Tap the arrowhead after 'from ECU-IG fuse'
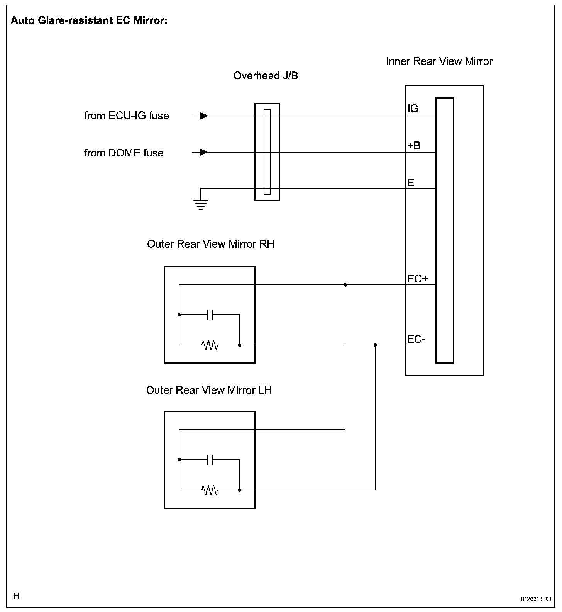tap(204, 116)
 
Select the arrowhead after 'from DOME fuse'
tap(204, 152)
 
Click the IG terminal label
tap(413, 109)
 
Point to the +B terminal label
tap(414, 146)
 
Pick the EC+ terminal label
tap(418, 279)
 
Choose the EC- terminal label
tap(416, 339)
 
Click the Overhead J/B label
tap(266, 76)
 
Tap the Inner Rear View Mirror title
tap(439, 61)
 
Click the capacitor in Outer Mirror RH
tap(210, 315)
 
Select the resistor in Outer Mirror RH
tap(210, 345)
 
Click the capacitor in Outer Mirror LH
tap(210, 460)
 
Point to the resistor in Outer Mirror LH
tap(210, 490)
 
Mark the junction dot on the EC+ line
tap(345, 285)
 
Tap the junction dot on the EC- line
tap(375, 345)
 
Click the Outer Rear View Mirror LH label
tap(209, 390)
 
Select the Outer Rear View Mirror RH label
tap(210, 244)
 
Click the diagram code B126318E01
tap(535, 599)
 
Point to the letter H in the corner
tap(17, 596)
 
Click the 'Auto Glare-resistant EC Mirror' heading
tap(89, 20)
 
